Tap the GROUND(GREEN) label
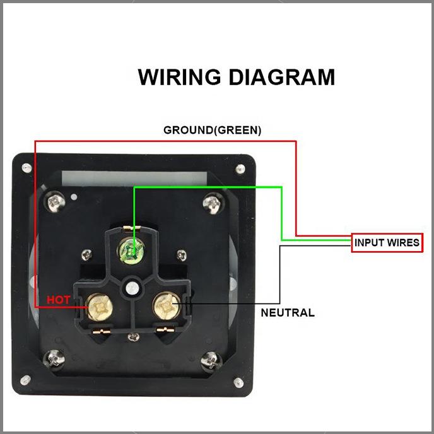[212, 131]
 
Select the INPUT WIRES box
[387, 243]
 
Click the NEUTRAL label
[288, 312]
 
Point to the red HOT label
[59, 300]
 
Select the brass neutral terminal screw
[167, 307]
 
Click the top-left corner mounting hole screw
[26, 168]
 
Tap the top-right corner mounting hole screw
[240, 169]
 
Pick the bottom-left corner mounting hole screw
[25, 380]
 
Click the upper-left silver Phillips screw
[55, 202]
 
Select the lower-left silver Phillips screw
[54, 361]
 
